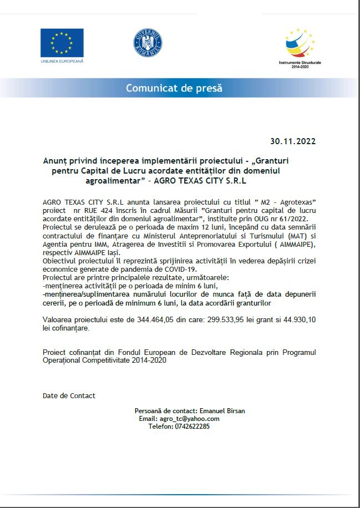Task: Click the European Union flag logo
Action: (62, 43)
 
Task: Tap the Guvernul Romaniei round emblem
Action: (147, 43)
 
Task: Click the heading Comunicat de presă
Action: (174, 88)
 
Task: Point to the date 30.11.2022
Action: (293, 141)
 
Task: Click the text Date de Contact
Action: (69, 395)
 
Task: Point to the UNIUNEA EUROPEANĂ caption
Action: (62, 60)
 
